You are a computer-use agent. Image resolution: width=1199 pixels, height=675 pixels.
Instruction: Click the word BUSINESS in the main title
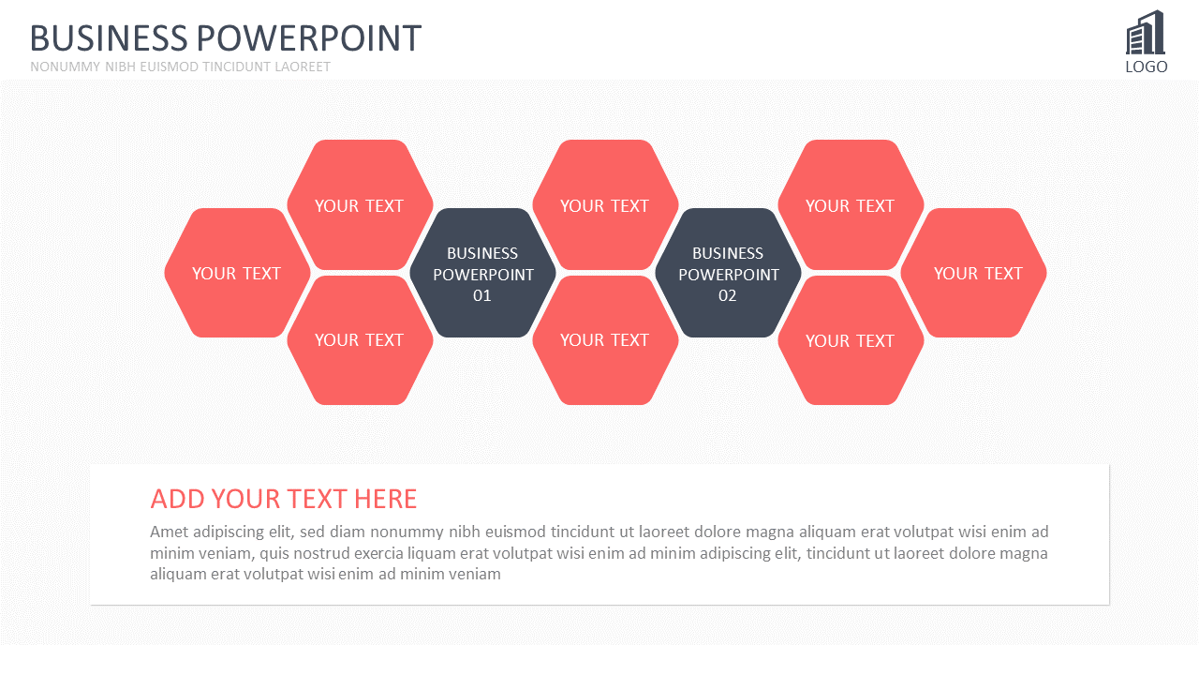[109, 38]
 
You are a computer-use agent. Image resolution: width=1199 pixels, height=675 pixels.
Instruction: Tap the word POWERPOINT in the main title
[309, 38]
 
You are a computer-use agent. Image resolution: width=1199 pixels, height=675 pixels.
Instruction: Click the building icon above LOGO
[1146, 32]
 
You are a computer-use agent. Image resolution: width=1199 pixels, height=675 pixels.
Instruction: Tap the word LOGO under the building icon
[1147, 67]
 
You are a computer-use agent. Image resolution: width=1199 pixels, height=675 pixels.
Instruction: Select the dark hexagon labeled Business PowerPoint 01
[482, 273]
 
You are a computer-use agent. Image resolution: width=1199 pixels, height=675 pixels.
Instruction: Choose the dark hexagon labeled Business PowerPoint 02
[729, 273]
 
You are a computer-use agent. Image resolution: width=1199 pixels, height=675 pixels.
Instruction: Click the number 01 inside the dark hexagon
[482, 295]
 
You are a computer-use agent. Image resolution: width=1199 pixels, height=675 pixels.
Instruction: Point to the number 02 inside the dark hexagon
[728, 295]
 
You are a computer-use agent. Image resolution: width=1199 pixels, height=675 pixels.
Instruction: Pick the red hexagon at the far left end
[237, 273]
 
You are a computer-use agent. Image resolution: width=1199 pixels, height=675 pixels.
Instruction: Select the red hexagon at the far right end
[973, 273]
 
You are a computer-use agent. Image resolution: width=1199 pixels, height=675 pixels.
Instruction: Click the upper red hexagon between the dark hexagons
[605, 204]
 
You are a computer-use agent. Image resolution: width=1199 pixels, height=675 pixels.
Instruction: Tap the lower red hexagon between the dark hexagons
[605, 340]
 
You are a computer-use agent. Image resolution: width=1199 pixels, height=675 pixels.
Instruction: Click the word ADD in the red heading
[178, 500]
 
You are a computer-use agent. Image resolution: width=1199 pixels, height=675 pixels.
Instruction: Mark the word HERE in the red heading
[385, 500]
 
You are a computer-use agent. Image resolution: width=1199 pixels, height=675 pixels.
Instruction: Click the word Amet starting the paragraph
[170, 532]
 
